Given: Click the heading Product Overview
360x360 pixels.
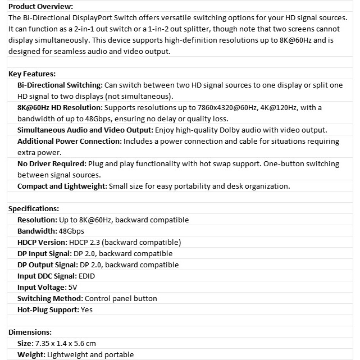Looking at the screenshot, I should coord(40,6).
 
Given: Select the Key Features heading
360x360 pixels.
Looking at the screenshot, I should coord(32,74).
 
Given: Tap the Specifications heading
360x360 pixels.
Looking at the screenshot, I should coord(34,208).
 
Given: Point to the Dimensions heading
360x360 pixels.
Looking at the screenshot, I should coord(30,332).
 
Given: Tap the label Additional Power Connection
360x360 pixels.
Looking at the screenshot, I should coord(69,141).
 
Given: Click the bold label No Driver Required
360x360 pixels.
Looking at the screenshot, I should coord(52,163).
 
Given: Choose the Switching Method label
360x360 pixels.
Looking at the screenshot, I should coord(50,298).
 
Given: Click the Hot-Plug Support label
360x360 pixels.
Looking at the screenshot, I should coord(48,309).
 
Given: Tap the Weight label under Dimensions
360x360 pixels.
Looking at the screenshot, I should coord(31,354).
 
